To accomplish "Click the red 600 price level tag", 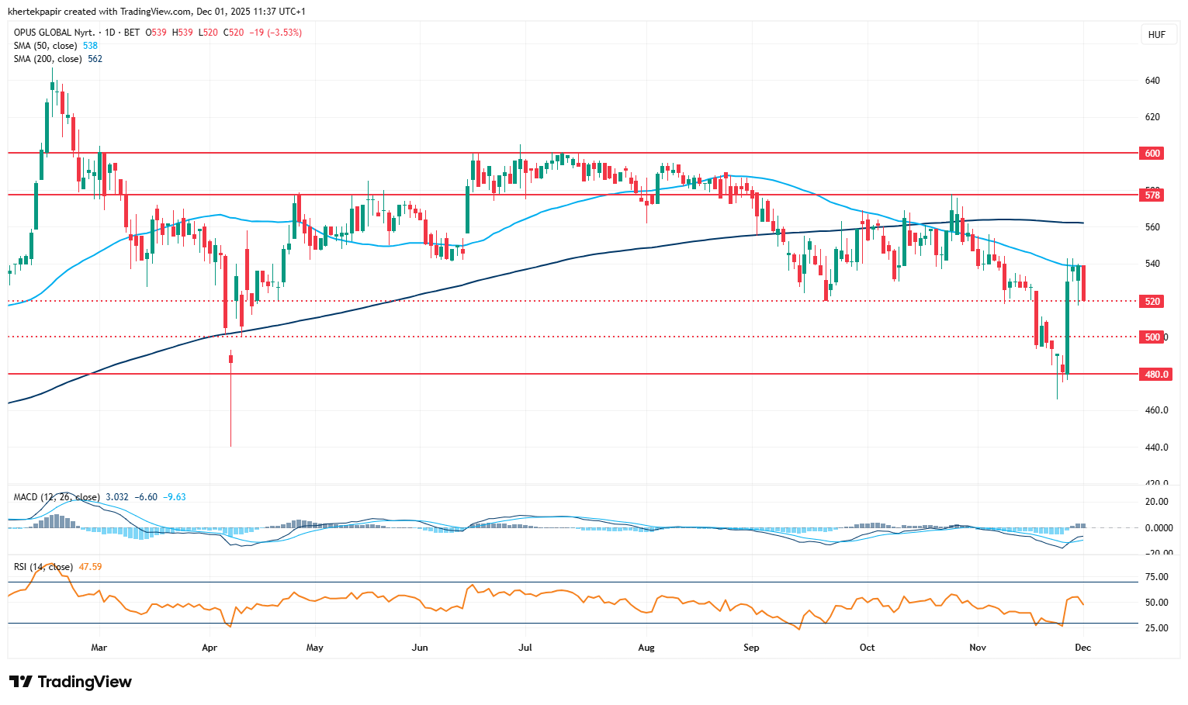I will click(x=1152, y=154).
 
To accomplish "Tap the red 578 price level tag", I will click(x=1152, y=195).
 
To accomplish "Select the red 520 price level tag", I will click(x=1152, y=301).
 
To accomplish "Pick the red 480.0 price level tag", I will click(x=1155, y=374).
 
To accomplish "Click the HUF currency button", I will click(x=1156, y=35).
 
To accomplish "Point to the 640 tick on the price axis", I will click(x=1152, y=81).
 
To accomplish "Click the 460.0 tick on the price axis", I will click(x=1156, y=410).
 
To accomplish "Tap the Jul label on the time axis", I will click(x=525, y=647).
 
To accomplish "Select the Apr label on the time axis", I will click(x=209, y=647).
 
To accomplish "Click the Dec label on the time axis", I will click(x=1082, y=647).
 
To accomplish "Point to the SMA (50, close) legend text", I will click(x=46, y=46).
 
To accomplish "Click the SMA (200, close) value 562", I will click(x=95, y=59).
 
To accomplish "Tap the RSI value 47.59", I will click(x=90, y=567).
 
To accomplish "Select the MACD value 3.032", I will click(x=117, y=497).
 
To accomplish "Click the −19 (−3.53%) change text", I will click(x=275, y=33).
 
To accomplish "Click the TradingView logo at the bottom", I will click(x=71, y=682).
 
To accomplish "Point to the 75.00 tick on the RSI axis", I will click(x=1156, y=577).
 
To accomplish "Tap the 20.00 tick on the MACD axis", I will click(x=1156, y=502).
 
